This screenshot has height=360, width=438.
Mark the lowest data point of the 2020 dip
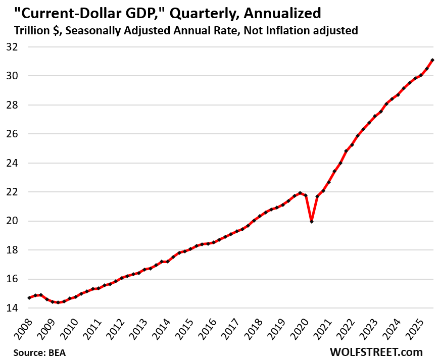click(312, 221)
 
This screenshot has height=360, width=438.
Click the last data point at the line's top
click(433, 60)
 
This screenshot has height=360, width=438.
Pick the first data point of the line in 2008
click(29, 298)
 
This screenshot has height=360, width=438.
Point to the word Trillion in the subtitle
click(25, 30)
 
